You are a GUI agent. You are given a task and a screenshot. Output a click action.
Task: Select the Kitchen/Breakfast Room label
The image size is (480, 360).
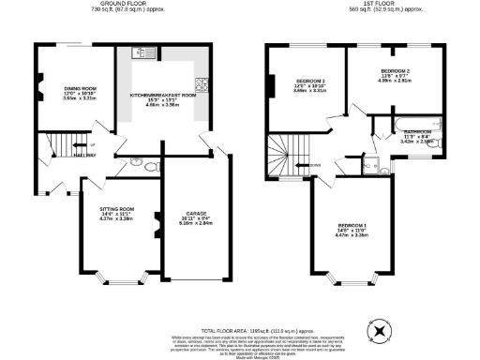point(162,96)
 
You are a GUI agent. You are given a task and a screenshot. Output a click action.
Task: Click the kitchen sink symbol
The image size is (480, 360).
point(138,53)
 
